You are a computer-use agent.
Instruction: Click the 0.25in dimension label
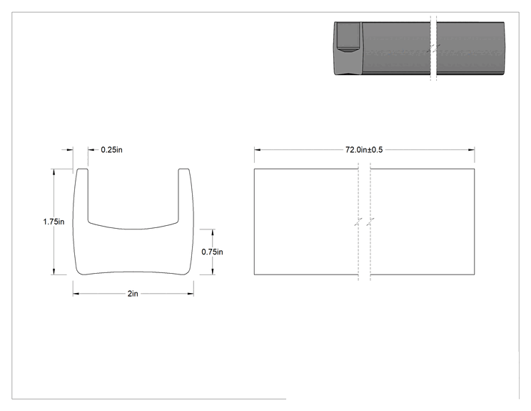(x=112, y=150)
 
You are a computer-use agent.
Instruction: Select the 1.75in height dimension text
(x=54, y=222)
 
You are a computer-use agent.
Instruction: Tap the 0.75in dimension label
(x=213, y=252)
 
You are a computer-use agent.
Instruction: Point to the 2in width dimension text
(x=133, y=294)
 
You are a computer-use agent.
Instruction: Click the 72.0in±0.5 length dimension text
(x=364, y=150)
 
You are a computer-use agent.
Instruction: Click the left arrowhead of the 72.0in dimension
(x=258, y=150)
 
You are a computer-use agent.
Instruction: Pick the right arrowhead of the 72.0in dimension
(x=471, y=150)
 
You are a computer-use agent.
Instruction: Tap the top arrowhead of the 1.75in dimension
(x=54, y=172)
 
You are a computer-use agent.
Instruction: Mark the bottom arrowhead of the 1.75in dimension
(x=54, y=271)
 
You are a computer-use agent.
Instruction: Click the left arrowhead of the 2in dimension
(x=76, y=294)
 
